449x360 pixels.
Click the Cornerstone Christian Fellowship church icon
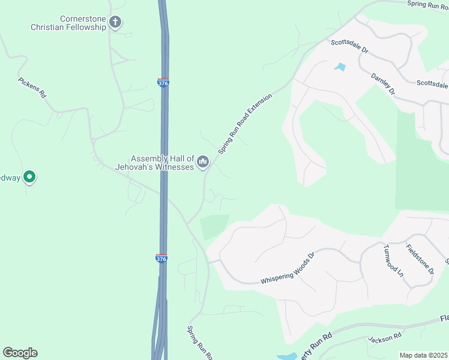[115, 23]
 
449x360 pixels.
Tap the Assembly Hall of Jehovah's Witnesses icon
[203, 161]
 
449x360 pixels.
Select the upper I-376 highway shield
[163, 83]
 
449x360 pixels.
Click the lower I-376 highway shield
[161, 259]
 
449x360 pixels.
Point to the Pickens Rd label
[32, 88]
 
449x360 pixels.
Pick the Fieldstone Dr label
[420, 259]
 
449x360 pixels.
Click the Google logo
[20, 353]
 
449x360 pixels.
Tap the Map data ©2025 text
[423, 355]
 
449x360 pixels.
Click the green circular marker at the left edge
[29, 177]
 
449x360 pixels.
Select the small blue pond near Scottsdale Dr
[340, 67]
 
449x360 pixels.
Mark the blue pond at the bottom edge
[287, 356]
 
